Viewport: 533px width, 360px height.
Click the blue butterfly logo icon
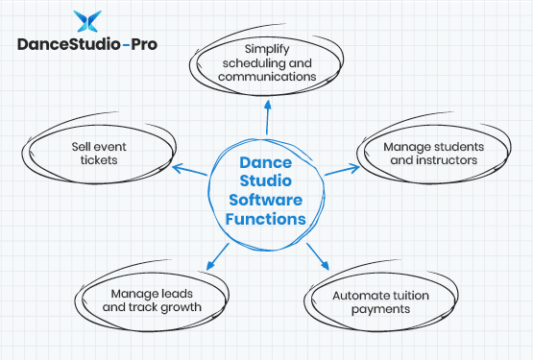tap(86, 22)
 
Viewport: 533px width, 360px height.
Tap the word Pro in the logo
tap(140, 44)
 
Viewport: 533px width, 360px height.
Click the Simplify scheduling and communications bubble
tap(267, 61)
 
